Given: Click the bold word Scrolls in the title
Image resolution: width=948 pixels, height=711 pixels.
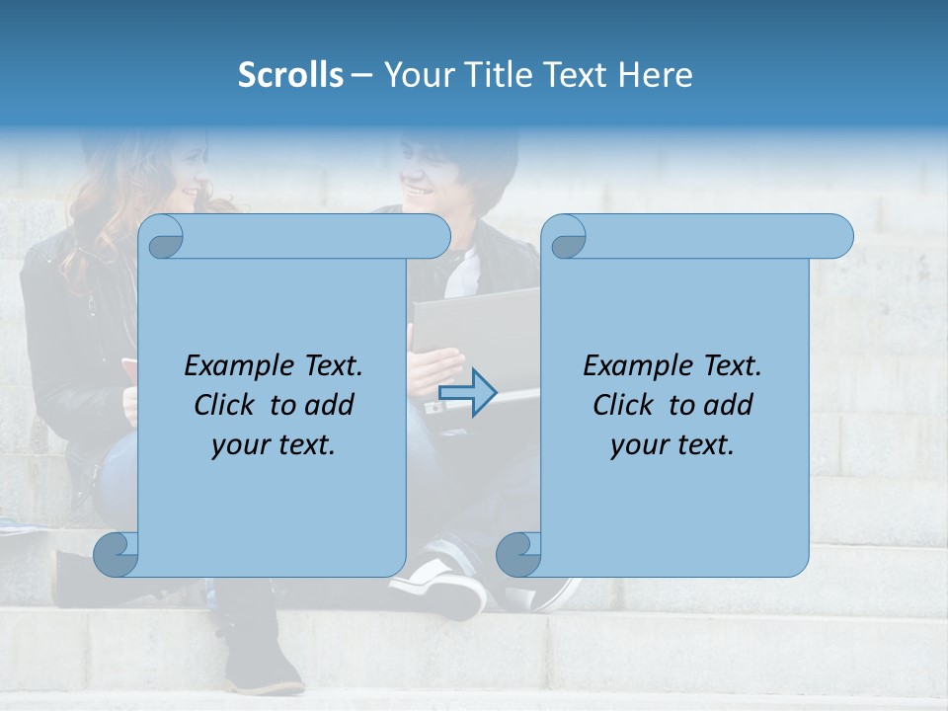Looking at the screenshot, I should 290,75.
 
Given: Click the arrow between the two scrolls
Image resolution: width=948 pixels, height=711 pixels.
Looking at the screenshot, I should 467,393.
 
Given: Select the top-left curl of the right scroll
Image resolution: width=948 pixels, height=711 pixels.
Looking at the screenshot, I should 566,238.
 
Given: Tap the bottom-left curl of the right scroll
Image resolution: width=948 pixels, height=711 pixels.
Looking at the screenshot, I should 518,554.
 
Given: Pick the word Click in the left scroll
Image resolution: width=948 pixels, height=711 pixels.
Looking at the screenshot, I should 226,405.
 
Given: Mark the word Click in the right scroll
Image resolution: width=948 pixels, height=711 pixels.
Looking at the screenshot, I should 624,405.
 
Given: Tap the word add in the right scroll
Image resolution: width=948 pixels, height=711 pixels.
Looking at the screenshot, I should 729,405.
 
